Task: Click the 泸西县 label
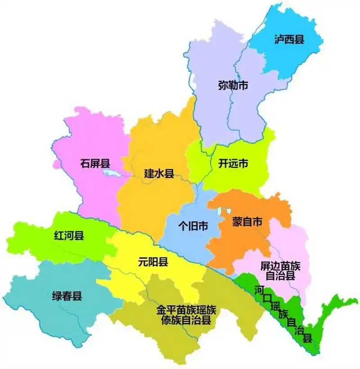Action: tap(289, 39)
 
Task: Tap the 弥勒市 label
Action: tap(233, 86)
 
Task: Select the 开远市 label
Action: tap(233, 164)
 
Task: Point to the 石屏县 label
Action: tap(96, 163)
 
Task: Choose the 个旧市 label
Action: tap(193, 226)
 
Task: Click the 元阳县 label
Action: tap(153, 261)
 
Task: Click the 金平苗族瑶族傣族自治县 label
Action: tap(186, 315)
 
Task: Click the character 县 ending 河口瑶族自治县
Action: tap(308, 338)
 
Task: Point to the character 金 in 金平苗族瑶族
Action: tap(161, 310)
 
